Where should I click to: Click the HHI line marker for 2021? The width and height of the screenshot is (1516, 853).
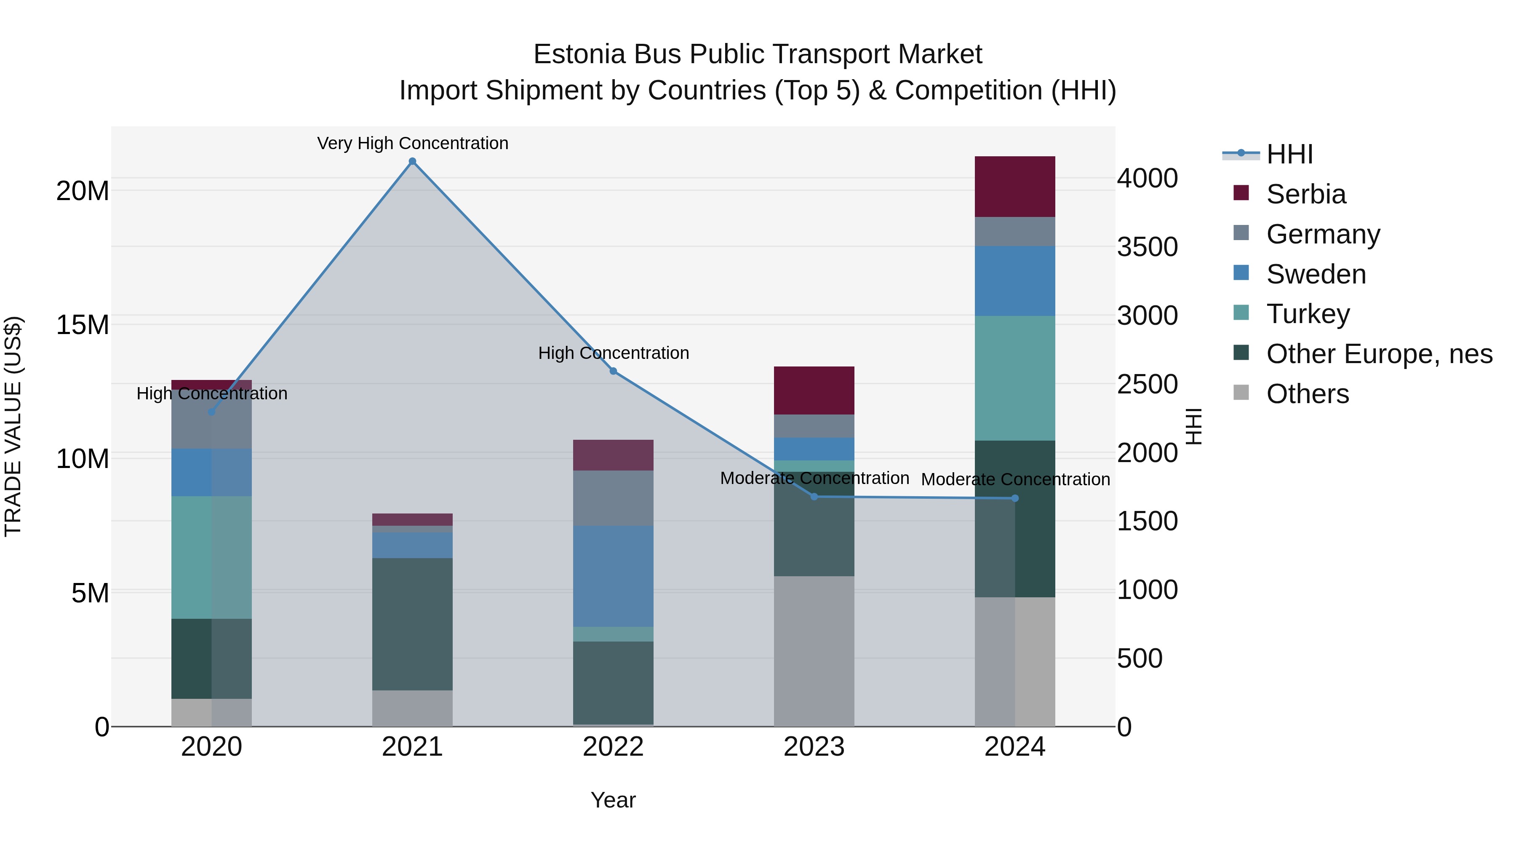413,161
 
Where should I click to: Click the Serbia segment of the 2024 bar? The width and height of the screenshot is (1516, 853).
1014,187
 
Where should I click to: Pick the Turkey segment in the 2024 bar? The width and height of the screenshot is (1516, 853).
1014,378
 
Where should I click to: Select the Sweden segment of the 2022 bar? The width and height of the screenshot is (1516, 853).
613,576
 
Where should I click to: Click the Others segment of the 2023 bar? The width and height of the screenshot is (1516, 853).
814,650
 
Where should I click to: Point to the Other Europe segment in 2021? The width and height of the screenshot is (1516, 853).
413,624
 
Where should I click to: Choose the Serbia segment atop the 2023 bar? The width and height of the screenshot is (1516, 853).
814,390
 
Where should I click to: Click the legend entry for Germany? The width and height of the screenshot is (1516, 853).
1323,234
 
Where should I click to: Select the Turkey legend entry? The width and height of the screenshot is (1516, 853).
1308,314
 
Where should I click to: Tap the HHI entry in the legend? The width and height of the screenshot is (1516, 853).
1289,154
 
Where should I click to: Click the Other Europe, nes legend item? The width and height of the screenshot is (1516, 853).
1379,354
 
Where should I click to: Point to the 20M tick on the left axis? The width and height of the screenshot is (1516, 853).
83,191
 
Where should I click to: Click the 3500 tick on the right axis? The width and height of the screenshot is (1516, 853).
1147,247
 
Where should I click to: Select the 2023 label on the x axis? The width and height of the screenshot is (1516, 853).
814,747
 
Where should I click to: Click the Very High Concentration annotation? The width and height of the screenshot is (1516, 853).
413,143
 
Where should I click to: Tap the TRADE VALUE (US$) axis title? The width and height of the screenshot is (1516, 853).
13,426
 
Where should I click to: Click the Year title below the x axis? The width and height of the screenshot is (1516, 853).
613,800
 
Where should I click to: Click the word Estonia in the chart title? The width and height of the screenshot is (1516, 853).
579,54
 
